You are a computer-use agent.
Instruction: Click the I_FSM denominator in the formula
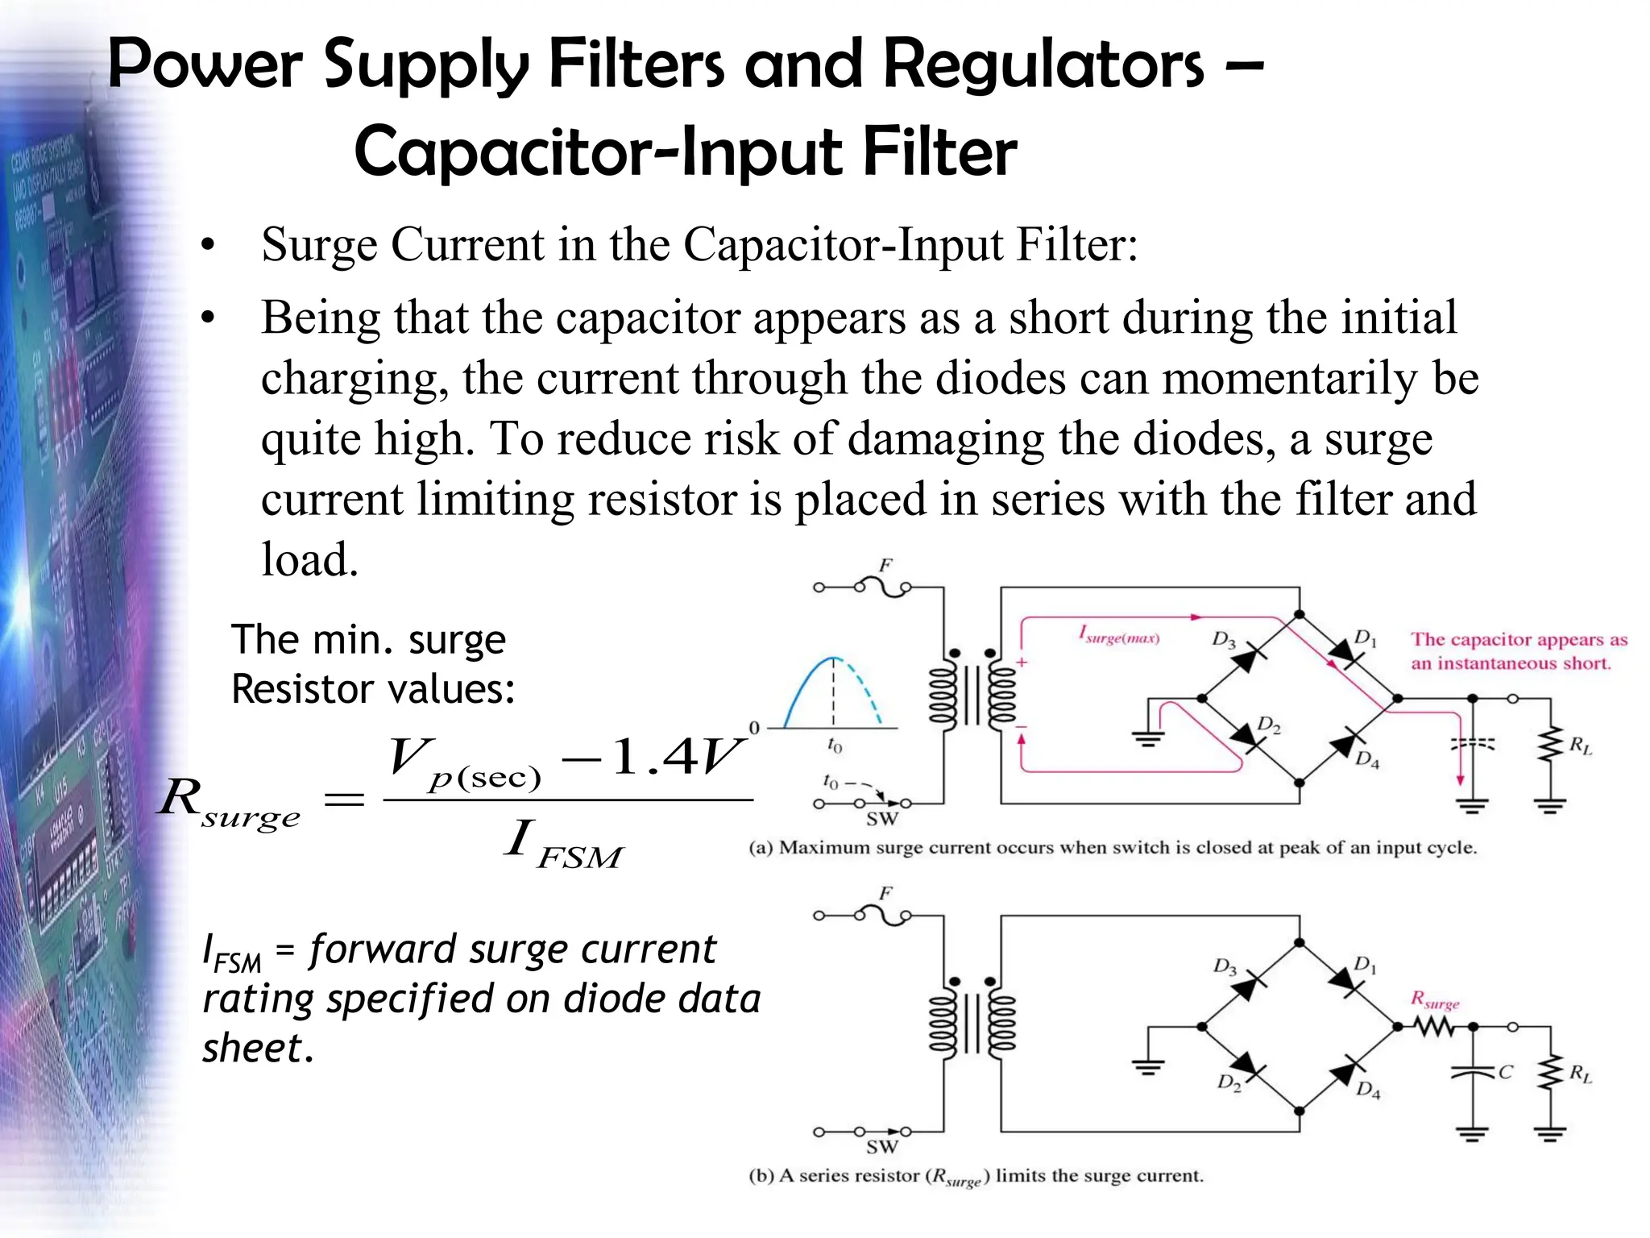[564, 844]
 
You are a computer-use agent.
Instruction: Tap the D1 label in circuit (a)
[1365, 638]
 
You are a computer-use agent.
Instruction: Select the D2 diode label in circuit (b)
[1229, 1082]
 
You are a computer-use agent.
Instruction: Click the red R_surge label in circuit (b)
[1435, 1000]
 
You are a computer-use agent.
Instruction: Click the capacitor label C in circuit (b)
[1506, 1072]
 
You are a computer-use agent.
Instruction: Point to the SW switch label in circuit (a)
[881, 820]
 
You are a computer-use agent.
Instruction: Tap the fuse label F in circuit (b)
[885, 893]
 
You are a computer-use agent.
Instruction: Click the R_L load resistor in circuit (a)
[1550, 746]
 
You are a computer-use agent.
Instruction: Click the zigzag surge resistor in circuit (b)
[1435, 1027]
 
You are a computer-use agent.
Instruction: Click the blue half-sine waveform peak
[833, 659]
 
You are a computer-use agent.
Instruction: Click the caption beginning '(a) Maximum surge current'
[1112, 848]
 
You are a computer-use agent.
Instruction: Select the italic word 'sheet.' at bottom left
[257, 1048]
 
